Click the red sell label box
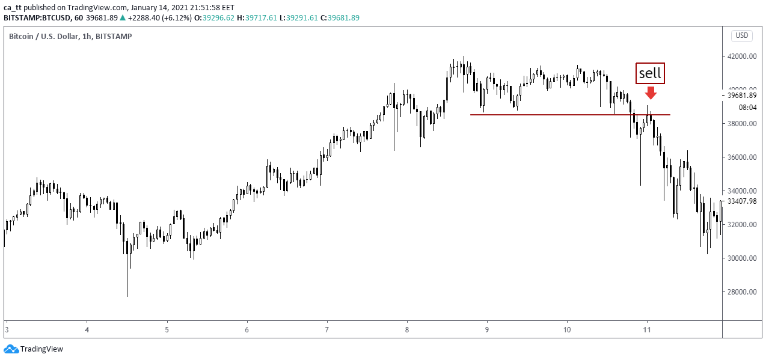point(650,73)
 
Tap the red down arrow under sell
point(650,93)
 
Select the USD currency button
point(742,35)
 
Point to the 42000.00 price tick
point(741,56)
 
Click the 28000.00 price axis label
point(741,292)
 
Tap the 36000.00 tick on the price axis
point(741,157)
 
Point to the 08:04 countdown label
point(747,108)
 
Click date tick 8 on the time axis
point(407,329)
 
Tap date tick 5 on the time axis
point(167,329)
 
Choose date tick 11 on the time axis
point(647,329)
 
